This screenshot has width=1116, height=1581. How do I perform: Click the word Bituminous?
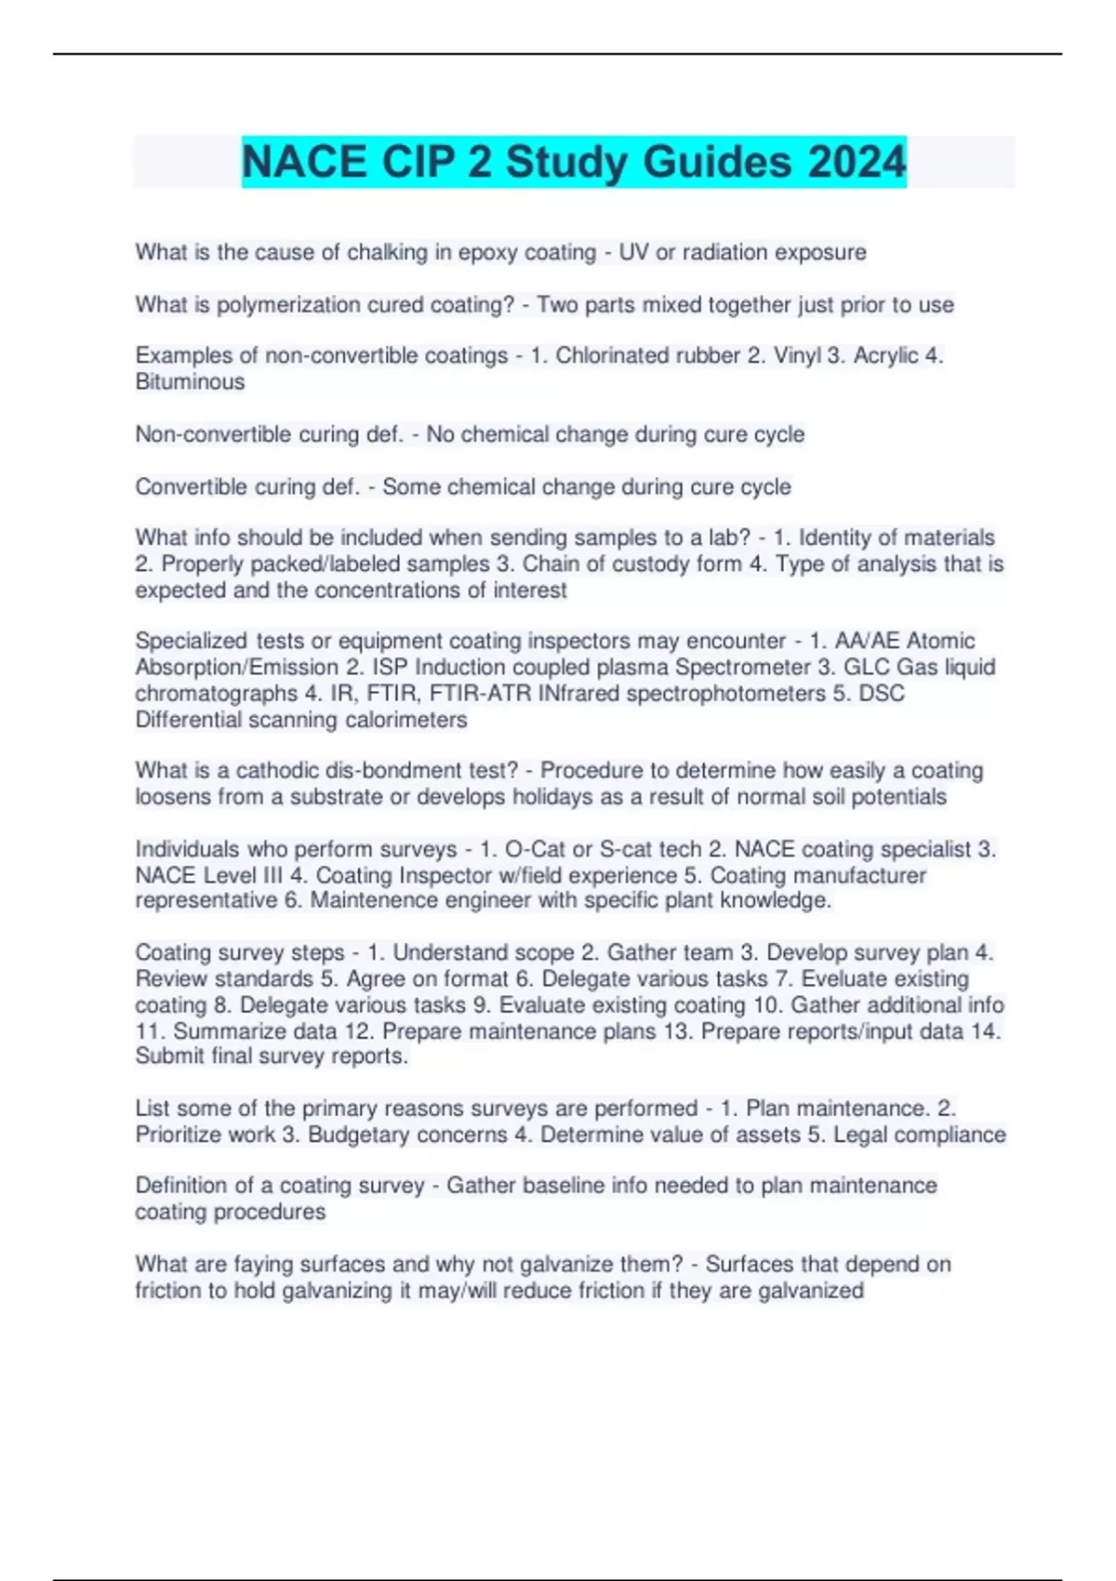pyautogui.click(x=190, y=382)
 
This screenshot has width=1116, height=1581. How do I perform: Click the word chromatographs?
pyautogui.click(x=216, y=694)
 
